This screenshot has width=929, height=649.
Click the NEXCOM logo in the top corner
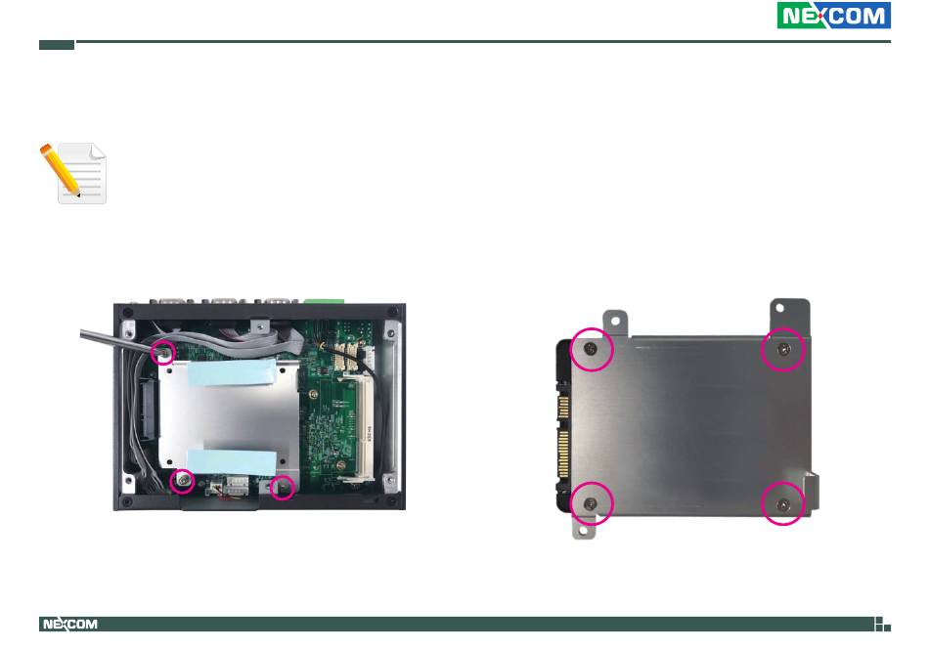click(833, 16)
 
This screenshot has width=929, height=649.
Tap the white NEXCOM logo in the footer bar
click(69, 625)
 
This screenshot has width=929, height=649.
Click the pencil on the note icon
click(60, 170)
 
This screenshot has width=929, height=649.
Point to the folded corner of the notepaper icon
click(98, 151)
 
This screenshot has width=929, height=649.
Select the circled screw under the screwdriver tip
click(163, 352)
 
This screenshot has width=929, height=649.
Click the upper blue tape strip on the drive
click(233, 372)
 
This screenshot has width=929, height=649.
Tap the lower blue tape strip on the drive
click(232, 462)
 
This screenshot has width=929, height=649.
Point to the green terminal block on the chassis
click(325, 300)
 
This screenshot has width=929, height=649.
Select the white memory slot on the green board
click(362, 426)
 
